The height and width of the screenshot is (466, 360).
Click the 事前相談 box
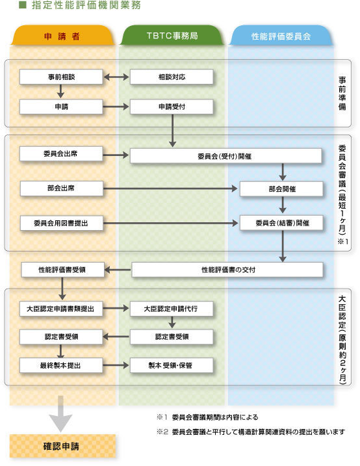click(61, 77)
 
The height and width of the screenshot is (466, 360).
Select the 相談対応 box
click(172, 77)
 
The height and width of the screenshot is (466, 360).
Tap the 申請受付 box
click(172, 107)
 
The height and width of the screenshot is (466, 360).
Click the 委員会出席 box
click(61, 153)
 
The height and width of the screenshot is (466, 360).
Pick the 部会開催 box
click(281, 188)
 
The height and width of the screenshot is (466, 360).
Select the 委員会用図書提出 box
click(62, 223)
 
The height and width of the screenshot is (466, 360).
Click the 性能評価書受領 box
click(62, 270)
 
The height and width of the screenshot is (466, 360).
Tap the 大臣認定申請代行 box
click(172, 309)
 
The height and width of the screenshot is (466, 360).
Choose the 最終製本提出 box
click(61, 365)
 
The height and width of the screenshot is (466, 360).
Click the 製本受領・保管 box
click(172, 365)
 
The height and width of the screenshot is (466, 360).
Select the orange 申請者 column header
click(62, 36)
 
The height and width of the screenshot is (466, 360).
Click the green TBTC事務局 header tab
click(172, 36)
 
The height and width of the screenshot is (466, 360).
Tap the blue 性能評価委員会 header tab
click(281, 36)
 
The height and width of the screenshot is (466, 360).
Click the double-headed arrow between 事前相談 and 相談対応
click(116, 77)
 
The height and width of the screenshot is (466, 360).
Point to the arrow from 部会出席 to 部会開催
click(170, 188)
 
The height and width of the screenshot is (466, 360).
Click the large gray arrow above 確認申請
click(60, 414)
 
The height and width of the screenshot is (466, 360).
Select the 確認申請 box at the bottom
click(62, 446)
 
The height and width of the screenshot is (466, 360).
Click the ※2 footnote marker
click(162, 432)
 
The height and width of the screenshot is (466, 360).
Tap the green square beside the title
click(23, 5)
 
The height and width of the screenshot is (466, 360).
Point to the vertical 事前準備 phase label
click(342, 94)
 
